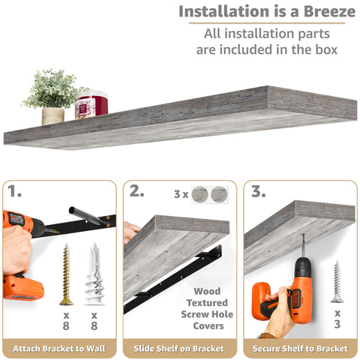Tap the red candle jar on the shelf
[x=91, y=104]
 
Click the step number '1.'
[x=16, y=192]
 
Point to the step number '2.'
[x=136, y=192]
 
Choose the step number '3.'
[x=259, y=192]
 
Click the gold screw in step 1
[x=67, y=274]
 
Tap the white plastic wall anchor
[x=94, y=274]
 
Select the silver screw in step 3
[x=337, y=280]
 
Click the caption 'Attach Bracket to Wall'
[x=59, y=349]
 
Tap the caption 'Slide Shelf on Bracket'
[x=180, y=349]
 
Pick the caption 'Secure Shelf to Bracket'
[x=300, y=349]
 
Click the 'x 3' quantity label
[x=337, y=318]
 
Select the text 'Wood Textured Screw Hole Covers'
[x=207, y=308]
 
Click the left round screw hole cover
[x=200, y=195]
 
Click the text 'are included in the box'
[x=266, y=50]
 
